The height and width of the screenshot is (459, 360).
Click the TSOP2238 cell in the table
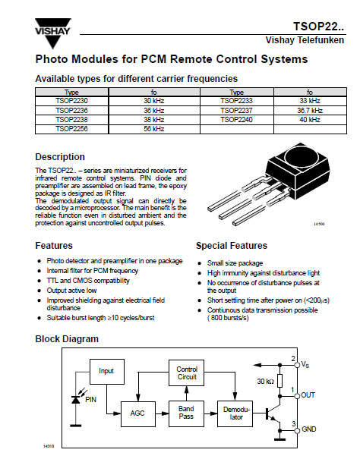[72, 120]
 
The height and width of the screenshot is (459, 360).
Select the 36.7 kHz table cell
[310, 110]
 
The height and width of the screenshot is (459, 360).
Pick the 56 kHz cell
[154, 129]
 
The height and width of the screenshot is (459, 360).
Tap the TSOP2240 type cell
[237, 120]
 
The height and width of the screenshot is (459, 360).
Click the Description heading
[60, 157]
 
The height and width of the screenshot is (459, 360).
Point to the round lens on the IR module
[301, 157]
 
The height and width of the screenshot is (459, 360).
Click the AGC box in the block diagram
[137, 413]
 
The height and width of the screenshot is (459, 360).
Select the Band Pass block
[186, 413]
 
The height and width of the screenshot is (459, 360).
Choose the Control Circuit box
[186, 373]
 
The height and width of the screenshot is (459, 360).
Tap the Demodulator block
[235, 413]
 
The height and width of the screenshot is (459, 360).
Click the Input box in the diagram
[107, 372]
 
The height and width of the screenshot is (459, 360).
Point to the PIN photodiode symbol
[76, 399]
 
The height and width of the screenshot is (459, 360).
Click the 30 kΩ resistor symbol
[280, 381]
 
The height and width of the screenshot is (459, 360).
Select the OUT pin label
[308, 395]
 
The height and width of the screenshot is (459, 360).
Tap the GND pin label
[309, 429]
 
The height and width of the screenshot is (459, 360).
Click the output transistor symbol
[273, 413]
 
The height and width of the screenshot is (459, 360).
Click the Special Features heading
[232, 246]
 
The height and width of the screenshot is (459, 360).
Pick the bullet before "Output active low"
[39, 291]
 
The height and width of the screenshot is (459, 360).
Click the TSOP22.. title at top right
[319, 27]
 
